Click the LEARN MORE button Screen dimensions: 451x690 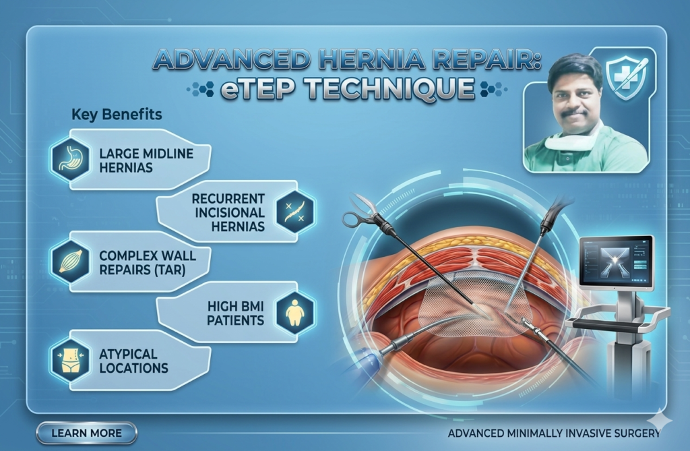tap(86, 433)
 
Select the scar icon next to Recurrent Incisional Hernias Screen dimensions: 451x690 tap(294, 211)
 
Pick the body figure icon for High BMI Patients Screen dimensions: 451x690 tap(294, 311)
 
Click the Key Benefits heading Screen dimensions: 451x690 tap(116, 114)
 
